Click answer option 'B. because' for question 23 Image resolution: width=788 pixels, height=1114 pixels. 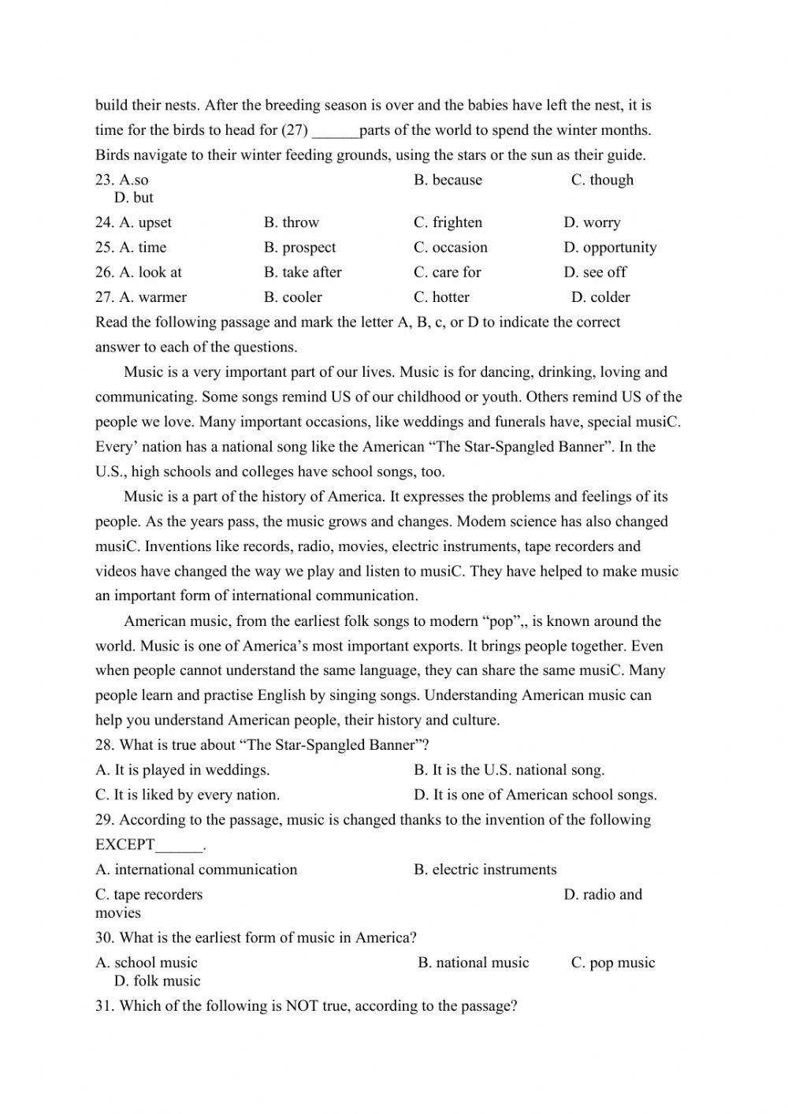448,180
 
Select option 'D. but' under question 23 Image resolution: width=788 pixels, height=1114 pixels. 133,198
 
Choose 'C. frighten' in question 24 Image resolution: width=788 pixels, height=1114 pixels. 448,222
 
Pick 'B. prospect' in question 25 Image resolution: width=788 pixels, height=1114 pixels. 299,248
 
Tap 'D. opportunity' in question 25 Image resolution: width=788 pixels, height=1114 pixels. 609,248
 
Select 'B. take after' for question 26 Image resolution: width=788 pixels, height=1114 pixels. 303,272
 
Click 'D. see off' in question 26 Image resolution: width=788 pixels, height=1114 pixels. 595,272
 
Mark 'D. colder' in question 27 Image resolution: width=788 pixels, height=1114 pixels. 600,297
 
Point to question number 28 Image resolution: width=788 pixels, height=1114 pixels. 105,745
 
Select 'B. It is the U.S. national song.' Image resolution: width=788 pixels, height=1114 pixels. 509,770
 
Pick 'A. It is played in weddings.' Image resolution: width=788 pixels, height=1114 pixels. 182,770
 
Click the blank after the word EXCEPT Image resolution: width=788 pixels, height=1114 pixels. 179,845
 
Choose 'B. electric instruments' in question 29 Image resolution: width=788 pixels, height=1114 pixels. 485,870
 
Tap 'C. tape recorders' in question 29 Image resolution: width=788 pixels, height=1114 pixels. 149,895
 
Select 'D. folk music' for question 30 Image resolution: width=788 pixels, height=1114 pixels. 157,982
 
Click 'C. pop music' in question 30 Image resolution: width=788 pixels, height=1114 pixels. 612,963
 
